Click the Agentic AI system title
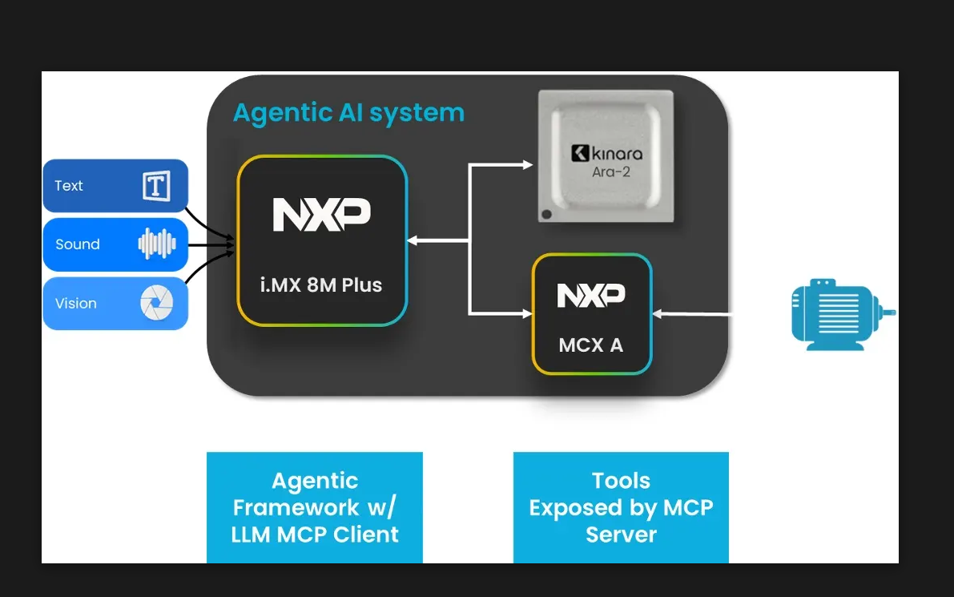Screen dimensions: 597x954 (x=348, y=113)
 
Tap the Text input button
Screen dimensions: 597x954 (x=115, y=186)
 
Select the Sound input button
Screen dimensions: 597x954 (x=115, y=244)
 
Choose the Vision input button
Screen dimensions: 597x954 (x=115, y=304)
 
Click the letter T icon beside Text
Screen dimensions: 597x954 (x=156, y=186)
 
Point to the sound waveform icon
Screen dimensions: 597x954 (x=156, y=244)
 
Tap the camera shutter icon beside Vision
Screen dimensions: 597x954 (x=156, y=304)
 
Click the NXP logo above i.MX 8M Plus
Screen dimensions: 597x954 (x=322, y=215)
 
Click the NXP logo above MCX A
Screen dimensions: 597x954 (x=591, y=295)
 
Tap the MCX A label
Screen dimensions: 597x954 (x=591, y=346)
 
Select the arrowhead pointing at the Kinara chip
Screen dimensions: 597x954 (x=527, y=165)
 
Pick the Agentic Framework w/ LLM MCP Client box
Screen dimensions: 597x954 (x=315, y=507)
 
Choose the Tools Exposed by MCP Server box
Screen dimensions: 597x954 (x=621, y=507)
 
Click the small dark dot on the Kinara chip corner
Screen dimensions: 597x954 (x=547, y=214)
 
